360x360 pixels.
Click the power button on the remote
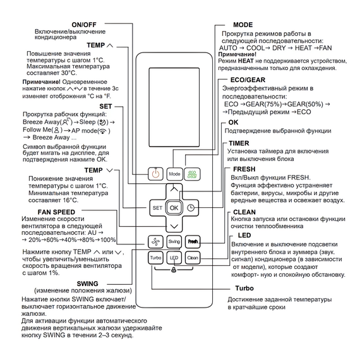(155, 174)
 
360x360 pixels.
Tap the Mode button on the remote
(174, 174)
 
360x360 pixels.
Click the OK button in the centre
(174, 208)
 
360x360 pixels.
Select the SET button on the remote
(157, 208)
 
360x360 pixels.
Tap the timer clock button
(191, 208)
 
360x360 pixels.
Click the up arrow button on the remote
(174, 189)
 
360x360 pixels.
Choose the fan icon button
(155, 241)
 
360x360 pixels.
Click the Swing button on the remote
(174, 241)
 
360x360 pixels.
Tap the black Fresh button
(193, 241)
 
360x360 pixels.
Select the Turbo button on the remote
(155, 258)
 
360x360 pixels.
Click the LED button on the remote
(174, 258)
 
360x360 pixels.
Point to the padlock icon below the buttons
(174, 270)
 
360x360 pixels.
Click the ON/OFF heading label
(84, 25)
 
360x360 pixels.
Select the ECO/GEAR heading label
(248, 80)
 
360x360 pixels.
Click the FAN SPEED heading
(56, 212)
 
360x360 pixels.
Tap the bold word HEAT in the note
(246, 61)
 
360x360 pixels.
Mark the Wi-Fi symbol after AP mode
(103, 131)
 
